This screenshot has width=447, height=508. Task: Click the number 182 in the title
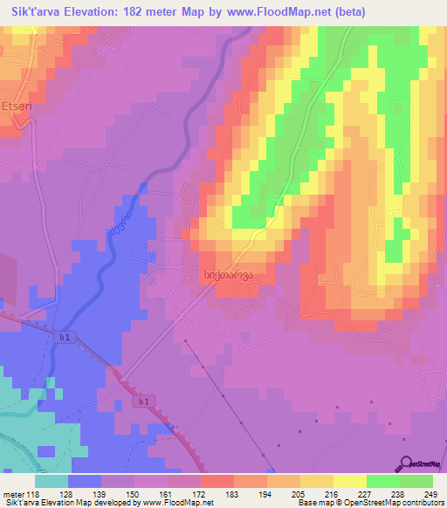tap(145, 12)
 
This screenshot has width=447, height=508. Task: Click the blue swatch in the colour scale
tap(86, 481)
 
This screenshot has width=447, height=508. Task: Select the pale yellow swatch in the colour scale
tap(350, 481)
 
